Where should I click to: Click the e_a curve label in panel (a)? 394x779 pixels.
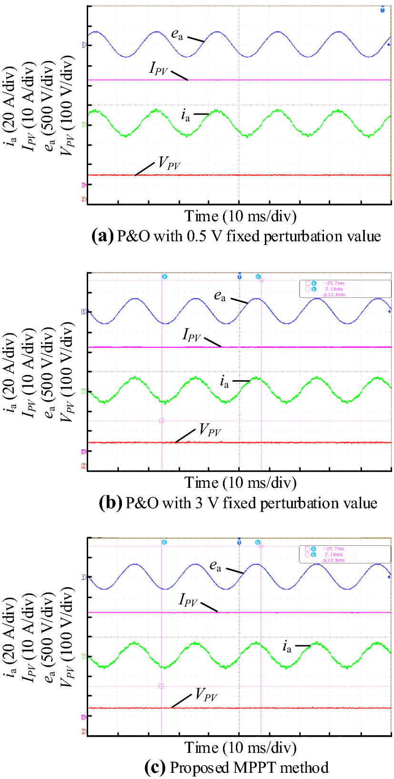pos(177,34)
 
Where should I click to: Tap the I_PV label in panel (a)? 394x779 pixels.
pos(159,69)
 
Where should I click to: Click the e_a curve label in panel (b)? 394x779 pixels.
pos(220,296)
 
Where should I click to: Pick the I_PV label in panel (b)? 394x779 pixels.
pos(192,335)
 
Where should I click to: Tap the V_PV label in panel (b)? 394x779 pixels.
pos(210,431)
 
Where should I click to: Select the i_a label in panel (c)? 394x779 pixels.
pos(286,646)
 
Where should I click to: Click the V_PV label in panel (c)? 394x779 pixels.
pos(206,695)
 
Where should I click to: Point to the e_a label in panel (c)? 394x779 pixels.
pos(215,566)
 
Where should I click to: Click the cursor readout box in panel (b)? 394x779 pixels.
pos(344,289)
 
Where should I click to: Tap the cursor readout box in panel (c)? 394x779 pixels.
pos(344,554)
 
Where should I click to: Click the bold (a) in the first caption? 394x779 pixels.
pos(102,236)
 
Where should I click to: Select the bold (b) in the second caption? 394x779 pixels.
pos(110,503)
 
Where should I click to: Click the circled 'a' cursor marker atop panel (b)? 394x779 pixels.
pos(165,276)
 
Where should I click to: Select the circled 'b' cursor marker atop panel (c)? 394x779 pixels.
pos(258,542)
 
